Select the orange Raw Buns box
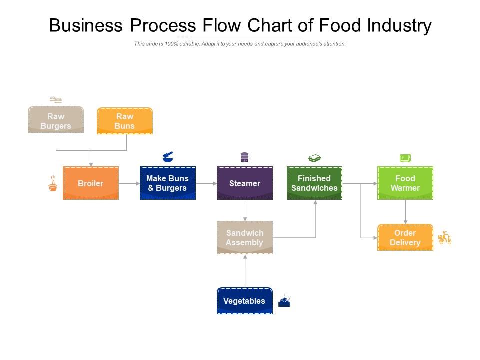tap(125, 121)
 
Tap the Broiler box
tap(91, 183)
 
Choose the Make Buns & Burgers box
tap(167, 183)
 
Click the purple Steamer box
tap(245, 183)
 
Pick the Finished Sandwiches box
tap(314, 183)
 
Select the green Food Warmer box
tap(405, 183)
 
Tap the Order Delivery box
tap(405, 238)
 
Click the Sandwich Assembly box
tap(245, 238)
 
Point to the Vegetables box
tap(245, 301)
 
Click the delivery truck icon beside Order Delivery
tap(445, 238)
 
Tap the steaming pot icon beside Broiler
tap(52, 184)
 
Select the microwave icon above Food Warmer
tap(405, 158)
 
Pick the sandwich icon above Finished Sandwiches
tap(314, 159)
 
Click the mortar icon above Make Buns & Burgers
tap(168, 157)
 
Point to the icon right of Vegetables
tap(284, 301)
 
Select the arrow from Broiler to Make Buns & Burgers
tap(129, 183)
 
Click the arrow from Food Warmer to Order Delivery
tap(405, 212)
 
